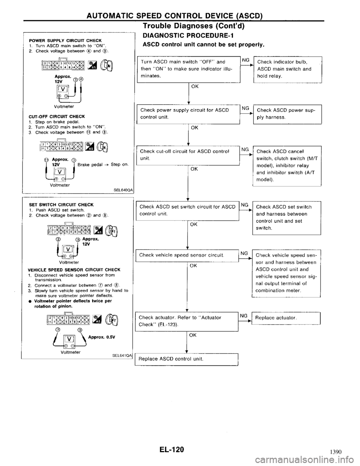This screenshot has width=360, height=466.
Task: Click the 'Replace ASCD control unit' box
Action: [x=186, y=359]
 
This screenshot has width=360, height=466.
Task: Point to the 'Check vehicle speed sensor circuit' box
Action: [x=186, y=255]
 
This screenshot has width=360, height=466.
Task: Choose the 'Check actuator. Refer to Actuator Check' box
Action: [x=186, y=321]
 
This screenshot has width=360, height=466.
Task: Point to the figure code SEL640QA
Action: [x=120, y=190]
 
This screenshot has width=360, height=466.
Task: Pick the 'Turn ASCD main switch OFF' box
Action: [x=186, y=69]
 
